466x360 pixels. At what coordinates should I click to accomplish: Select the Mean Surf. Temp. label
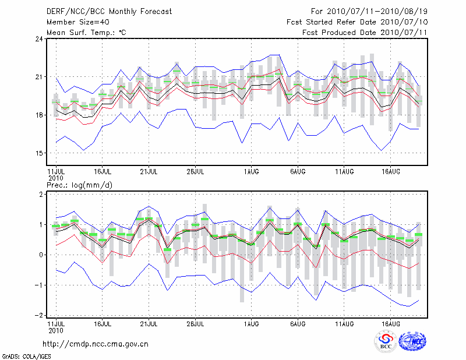[x=86, y=33]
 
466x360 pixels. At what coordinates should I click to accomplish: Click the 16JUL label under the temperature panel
[x=103, y=172]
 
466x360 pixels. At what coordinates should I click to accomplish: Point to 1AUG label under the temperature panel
[x=252, y=172]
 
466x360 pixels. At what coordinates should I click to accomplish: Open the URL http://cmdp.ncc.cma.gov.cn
[x=96, y=344]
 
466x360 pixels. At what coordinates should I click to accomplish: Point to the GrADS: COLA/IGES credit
[x=21, y=355]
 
